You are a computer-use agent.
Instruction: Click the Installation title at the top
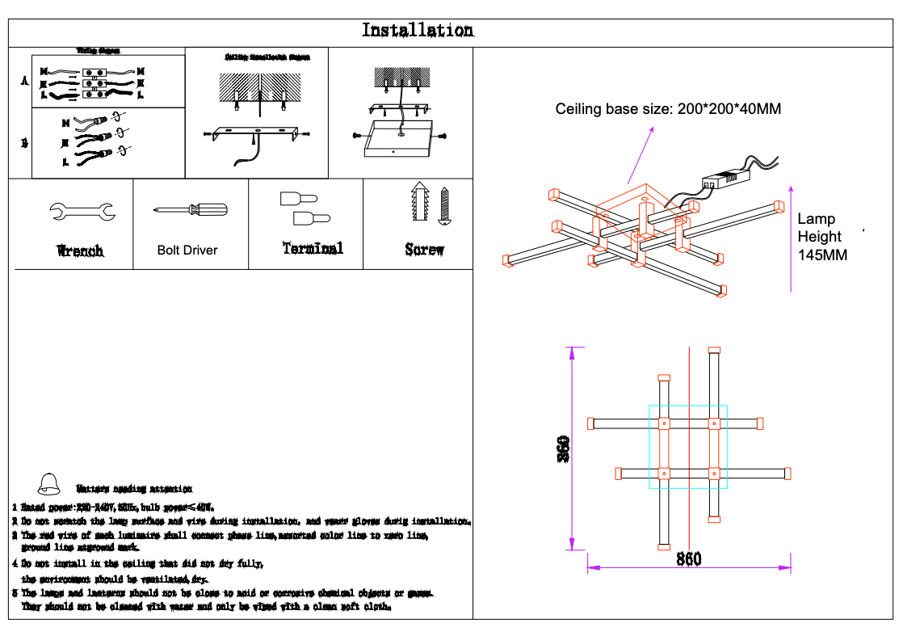pyautogui.click(x=417, y=31)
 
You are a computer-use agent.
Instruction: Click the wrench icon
pyautogui.click(x=81, y=213)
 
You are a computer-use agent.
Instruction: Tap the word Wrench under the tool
pyautogui.click(x=80, y=251)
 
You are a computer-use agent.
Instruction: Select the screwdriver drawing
pyautogui.click(x=191, y=210)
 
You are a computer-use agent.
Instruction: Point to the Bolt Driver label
pyautogui.click(x=187, y=251)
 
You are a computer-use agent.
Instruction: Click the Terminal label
pyautogui.click(x=313, y=249)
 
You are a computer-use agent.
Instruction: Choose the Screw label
pyautogui.click(x=424, y=250)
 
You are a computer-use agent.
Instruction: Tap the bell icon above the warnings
pyautogui.click(x=49, y=483)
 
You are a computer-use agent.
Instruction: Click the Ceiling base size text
pyautogui.click(x=668, y=109)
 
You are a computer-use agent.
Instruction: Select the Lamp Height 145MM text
pyautogui.click(x=821, y=237)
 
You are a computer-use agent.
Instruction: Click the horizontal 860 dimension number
pyautogui.click(x=688, y=558)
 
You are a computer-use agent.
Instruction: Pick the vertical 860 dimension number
pyautogui.click(x=563, y=449)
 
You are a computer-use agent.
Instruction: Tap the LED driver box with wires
pyautogui.click(x=720, y=180)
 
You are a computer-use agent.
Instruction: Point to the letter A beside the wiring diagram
pyautogui.click(x=23, y=82)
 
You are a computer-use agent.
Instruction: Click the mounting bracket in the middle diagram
pyautogui.click(x=256, y=133)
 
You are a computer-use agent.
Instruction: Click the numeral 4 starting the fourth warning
pyautogui.click(x=15, y=563)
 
